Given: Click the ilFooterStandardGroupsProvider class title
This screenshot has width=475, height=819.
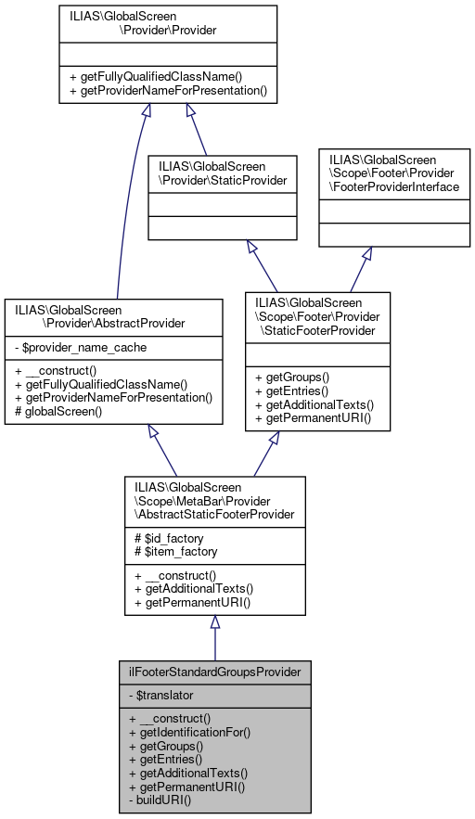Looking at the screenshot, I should point(214,671).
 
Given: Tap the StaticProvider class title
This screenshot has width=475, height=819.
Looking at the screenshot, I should point(223,173).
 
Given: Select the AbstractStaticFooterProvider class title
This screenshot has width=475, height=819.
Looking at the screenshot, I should point(214,501).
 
